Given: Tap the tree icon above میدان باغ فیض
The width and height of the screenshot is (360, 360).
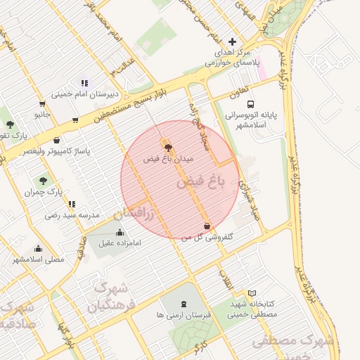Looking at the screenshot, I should click(x=167, y=146).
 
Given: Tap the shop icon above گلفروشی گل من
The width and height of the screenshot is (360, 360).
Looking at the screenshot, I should click(x=207, y=226).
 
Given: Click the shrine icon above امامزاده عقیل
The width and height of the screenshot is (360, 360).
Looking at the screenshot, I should click(x=120, y=232).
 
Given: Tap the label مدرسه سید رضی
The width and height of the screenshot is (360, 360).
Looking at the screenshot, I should click(x=72, y=214).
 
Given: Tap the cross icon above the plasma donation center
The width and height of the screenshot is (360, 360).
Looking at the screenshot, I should click(x=232, y=41).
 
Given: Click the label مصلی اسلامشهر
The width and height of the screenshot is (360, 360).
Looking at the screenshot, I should click(x=38, y=259).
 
